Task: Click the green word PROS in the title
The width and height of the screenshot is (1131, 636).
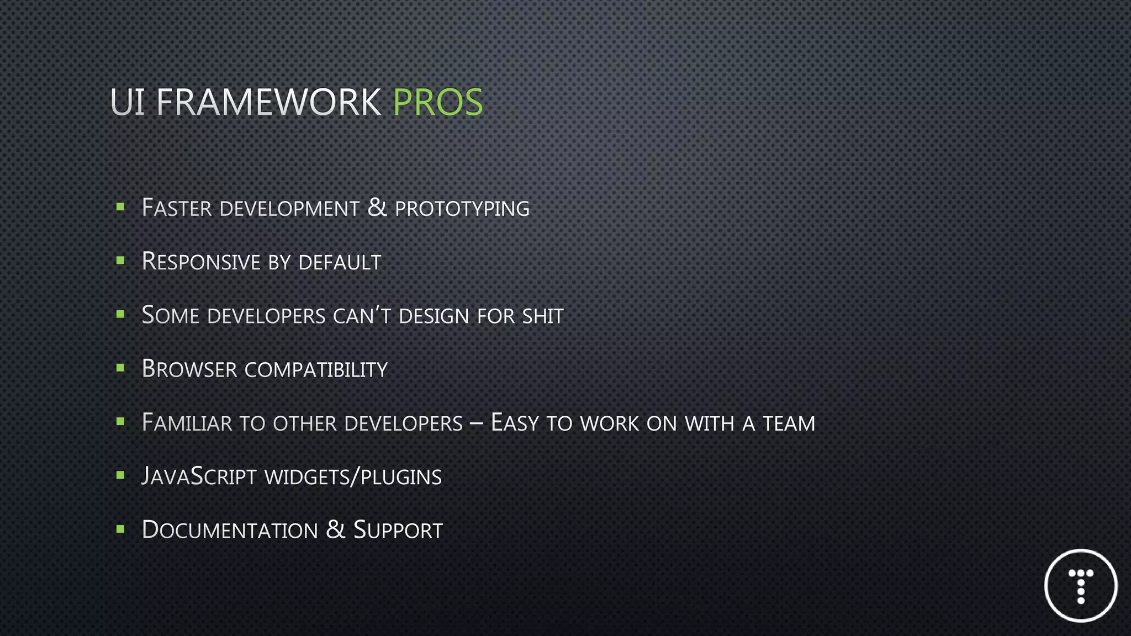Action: [x=438, y=102]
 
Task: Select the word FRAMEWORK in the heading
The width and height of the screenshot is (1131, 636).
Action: [x=268, y=102]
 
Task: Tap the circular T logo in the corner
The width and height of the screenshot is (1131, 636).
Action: [x=1081, y=585]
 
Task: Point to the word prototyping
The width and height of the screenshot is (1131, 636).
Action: [x=462, y=209]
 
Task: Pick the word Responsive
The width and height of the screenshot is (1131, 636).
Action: [x=201, y=262]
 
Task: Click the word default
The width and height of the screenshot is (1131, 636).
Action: [x=340, y=262]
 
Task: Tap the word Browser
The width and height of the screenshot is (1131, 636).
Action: [x=189, y=369]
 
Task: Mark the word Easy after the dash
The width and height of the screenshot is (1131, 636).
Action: [x=514, y=423]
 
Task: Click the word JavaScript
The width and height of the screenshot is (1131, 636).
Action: [x=199, y=476]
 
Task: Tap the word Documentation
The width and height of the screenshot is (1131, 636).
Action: [x=230, y=530]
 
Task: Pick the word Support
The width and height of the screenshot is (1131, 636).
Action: [x=398, y=530]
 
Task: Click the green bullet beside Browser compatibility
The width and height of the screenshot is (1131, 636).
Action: [x=120, y=368]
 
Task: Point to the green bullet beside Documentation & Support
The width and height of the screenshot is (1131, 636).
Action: [x=120, y=529]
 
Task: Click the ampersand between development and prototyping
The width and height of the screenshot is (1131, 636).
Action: [x=377, y=208]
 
